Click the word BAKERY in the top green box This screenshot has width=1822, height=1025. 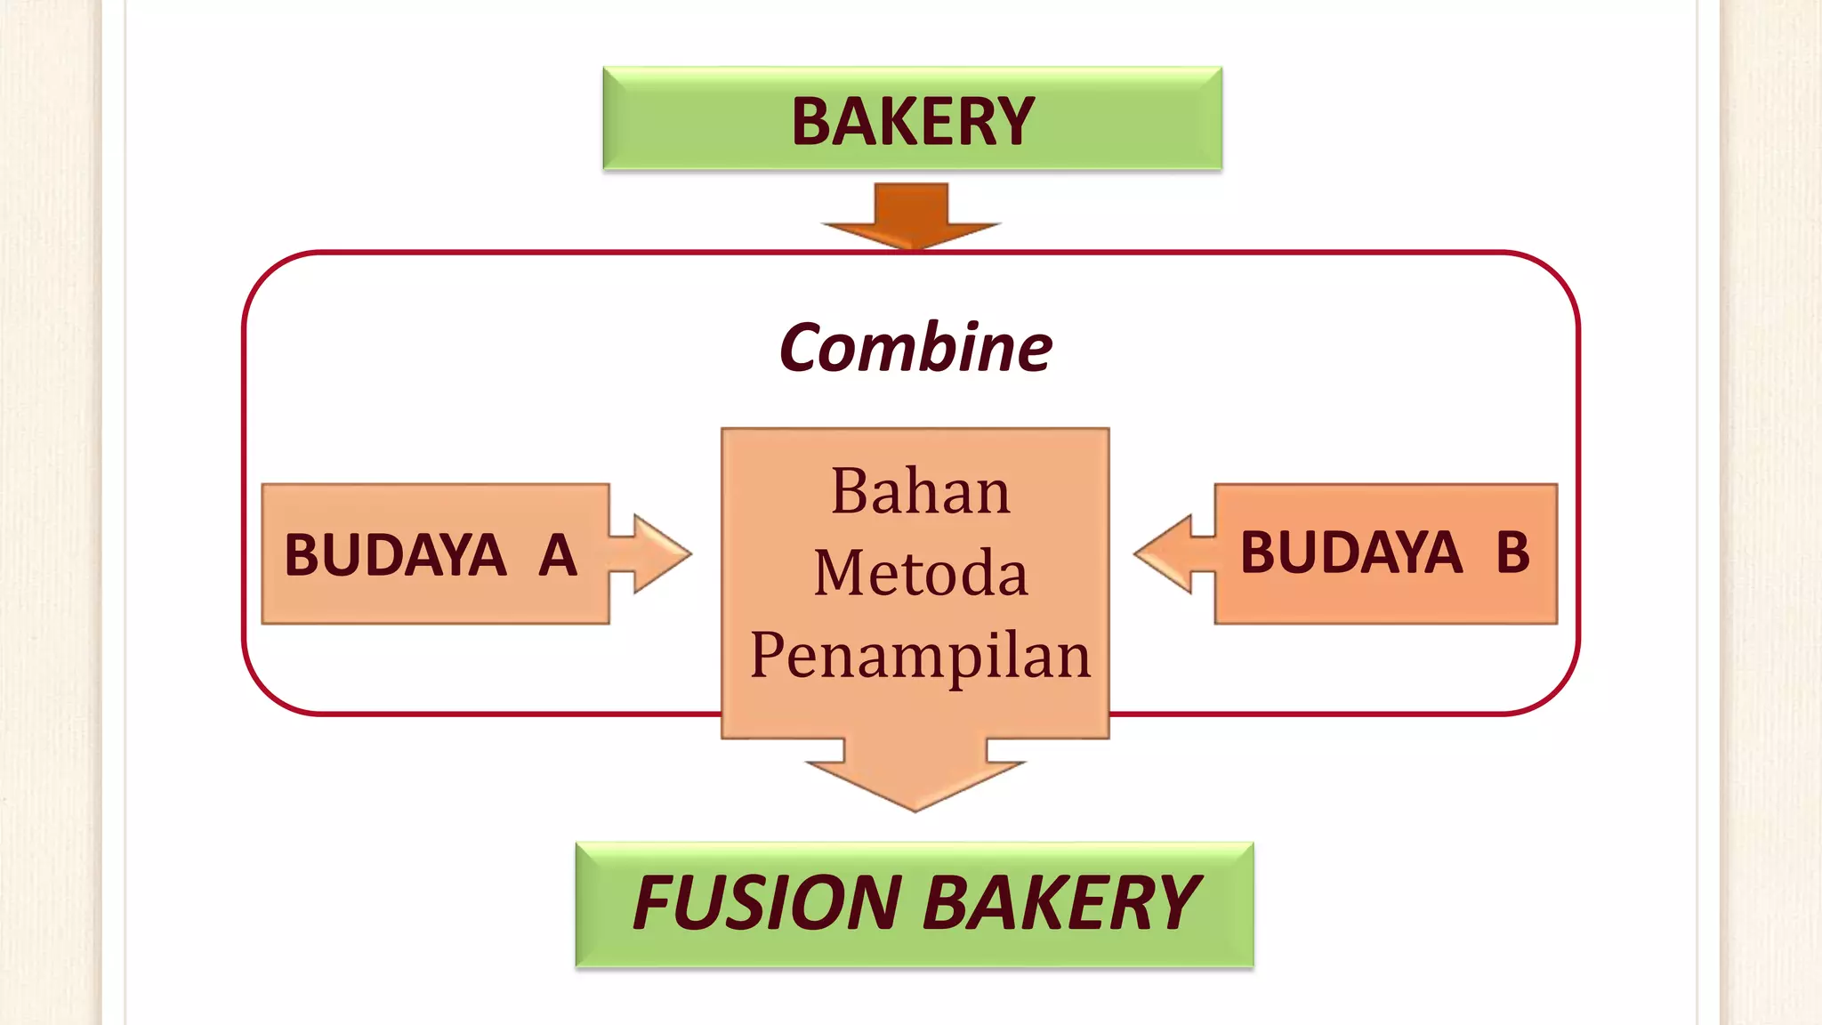click(913, 122)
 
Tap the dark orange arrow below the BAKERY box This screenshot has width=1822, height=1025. click(911, 218)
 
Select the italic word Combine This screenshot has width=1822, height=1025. click(915, 348)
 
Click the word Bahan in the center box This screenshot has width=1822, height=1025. click(920, 491)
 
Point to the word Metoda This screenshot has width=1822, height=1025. click(920, 573)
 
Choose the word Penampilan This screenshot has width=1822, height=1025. click(920, 657)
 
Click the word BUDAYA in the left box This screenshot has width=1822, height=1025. click(395, 555)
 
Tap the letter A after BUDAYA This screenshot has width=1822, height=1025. click(558, 555)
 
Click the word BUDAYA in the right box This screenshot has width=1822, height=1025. click(1350, 553)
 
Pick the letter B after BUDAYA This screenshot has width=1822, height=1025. click(1512, 553)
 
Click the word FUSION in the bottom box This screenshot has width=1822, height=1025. click(767, 903)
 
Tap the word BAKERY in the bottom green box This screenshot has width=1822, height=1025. click(1061, 903)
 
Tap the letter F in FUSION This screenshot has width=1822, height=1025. click(657, 903)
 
